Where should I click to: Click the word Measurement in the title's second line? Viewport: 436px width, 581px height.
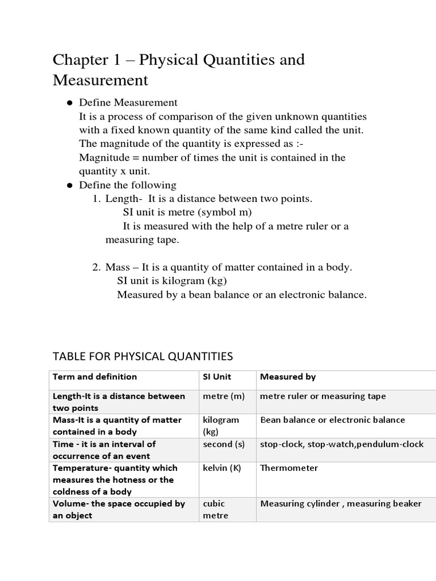100,81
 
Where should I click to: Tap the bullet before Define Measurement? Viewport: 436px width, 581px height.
69,103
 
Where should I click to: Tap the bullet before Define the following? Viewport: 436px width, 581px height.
69,186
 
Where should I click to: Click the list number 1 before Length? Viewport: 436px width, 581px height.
96,199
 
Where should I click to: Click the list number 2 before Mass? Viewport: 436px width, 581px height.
96,267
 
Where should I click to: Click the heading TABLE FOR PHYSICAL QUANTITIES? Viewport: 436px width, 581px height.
142,356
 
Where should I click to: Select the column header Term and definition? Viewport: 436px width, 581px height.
95,377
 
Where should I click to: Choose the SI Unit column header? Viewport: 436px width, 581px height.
217,377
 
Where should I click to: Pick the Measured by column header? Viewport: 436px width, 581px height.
287,377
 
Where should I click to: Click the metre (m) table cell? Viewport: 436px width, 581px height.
224,396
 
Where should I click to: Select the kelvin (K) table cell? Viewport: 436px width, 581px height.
223,468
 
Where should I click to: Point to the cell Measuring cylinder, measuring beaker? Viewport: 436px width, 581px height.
341,504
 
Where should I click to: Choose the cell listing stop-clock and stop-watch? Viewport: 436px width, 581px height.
341,444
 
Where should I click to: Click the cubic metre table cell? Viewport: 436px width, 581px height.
216,510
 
